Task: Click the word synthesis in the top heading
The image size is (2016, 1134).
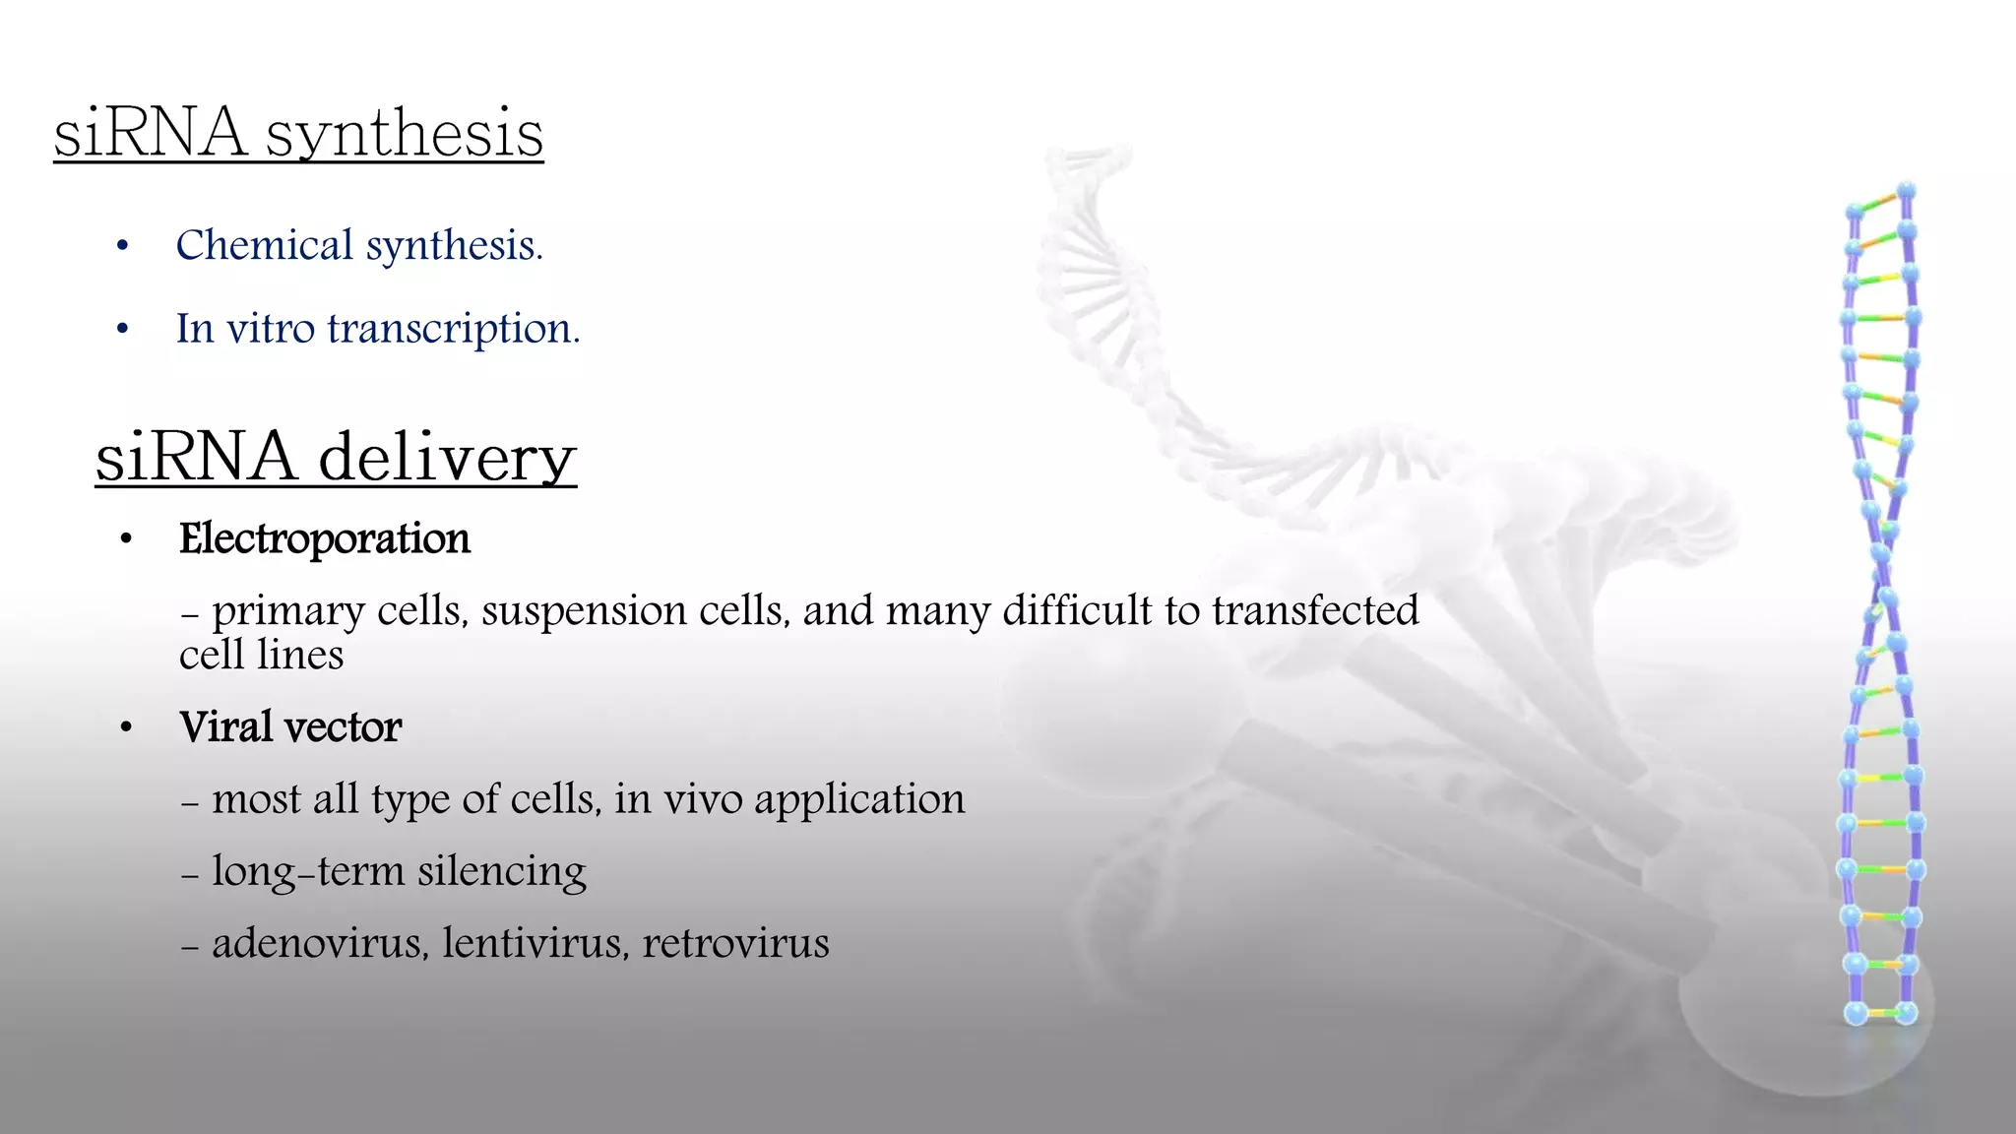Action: (404, 134)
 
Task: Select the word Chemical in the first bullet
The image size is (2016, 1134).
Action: (264, 245)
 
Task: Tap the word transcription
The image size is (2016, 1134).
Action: (454, 329)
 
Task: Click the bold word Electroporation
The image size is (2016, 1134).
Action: (325, 539)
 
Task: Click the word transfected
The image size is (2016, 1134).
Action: (1315, 610)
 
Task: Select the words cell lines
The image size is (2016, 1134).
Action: (261, 656)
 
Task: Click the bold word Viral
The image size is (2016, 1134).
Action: (225, 727)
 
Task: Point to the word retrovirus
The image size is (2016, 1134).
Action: (735, 943)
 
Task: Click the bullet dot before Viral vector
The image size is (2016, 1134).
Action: (125, 728)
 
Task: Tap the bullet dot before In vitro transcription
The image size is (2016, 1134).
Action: (122, 330)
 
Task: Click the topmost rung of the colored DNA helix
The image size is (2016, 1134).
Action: (1880, 201)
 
